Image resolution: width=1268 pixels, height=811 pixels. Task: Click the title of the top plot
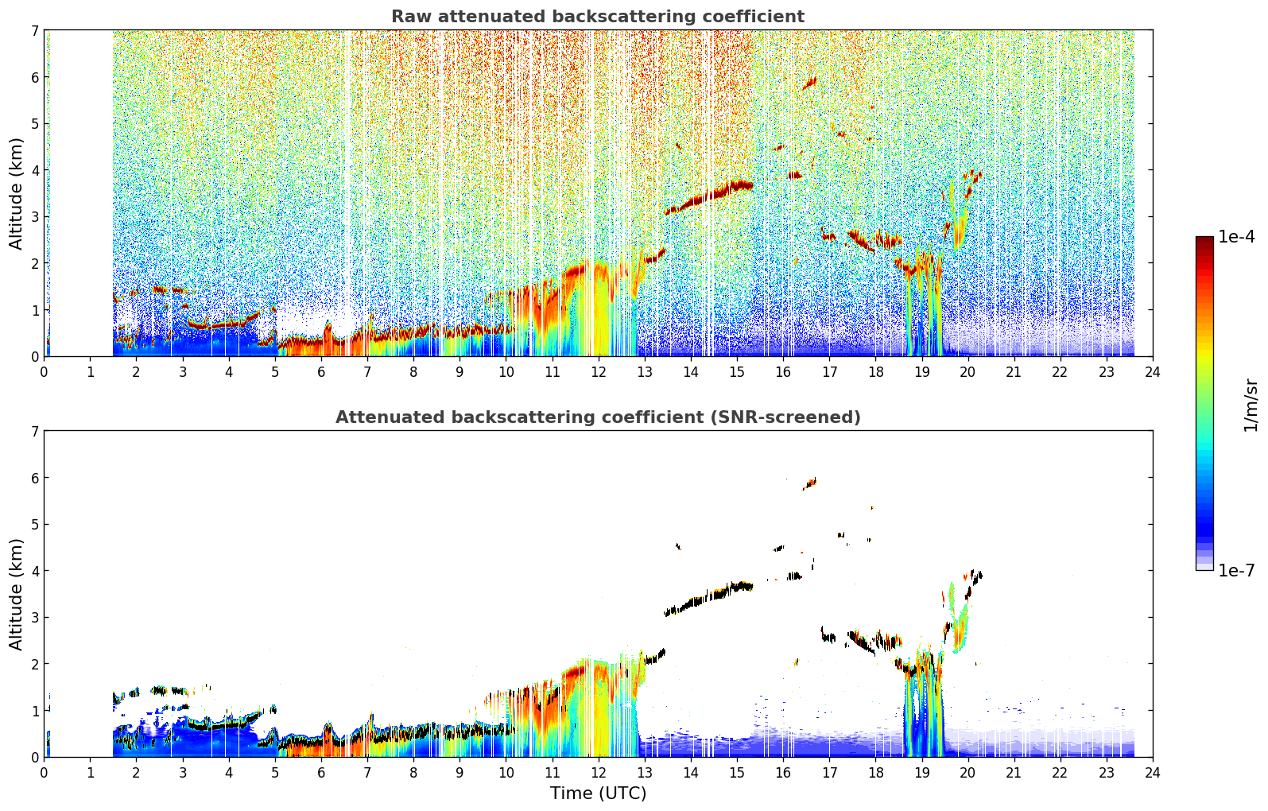(598, 17)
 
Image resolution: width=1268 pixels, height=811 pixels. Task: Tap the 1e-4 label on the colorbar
(1236, 237)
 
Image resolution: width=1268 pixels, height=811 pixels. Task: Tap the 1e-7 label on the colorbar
(1236, 570)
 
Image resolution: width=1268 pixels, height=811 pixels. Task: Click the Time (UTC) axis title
(598, 794)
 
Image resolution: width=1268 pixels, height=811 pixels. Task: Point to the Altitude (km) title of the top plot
(16, 194)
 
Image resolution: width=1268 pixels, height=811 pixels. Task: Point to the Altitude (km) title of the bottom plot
(16, 594)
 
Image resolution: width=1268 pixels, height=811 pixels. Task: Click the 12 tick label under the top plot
(599, 372)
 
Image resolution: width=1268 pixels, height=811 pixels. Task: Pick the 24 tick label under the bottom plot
(1153, 773)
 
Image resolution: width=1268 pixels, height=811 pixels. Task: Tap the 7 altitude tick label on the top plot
(34, 30)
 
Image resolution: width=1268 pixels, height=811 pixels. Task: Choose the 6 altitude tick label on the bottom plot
(34, 477)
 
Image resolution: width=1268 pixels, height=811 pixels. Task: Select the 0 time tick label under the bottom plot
(45, 773)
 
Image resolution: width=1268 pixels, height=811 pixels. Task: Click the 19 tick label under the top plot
(921, 372)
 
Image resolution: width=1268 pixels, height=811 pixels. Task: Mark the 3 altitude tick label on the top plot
(34, 217)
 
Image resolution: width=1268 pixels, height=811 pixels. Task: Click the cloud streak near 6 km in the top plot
(809, 83)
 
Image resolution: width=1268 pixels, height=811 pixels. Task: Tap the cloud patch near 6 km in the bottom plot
(809, 483)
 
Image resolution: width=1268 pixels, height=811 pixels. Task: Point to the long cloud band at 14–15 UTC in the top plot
(708, 197)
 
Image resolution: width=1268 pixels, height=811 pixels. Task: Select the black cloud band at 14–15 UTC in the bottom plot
(708, 597)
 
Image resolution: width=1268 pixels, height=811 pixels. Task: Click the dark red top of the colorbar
(1204, 240)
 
